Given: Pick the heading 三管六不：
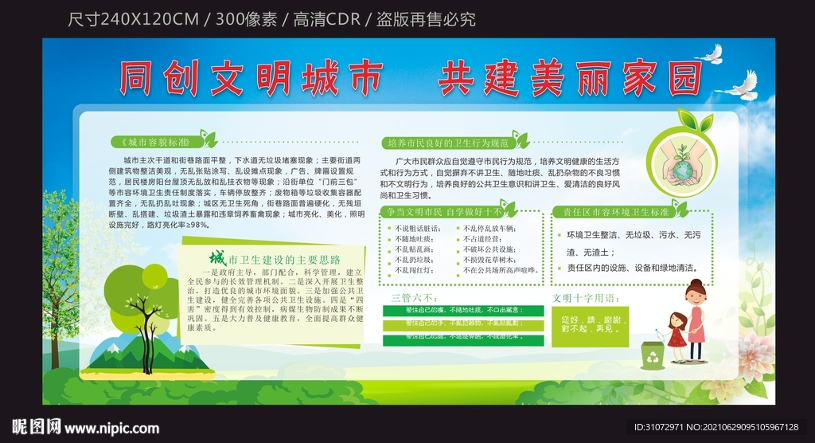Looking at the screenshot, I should tap(408, 298).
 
